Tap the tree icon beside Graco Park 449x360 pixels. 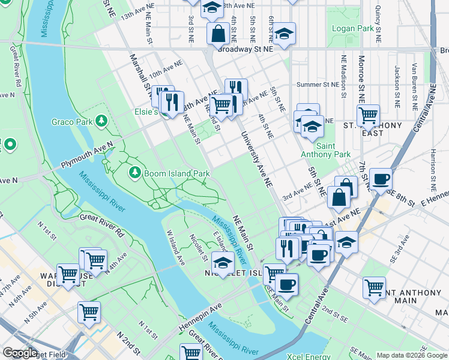(102, 122)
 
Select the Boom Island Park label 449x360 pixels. (176, 173)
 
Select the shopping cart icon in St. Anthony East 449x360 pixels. (368, 115)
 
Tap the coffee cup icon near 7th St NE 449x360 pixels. (381, 179)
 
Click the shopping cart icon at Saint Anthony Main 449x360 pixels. (375, 287)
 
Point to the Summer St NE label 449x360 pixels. (318, 85)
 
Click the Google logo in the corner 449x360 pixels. (20, 353)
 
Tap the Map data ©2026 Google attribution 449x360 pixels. (412, 355)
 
